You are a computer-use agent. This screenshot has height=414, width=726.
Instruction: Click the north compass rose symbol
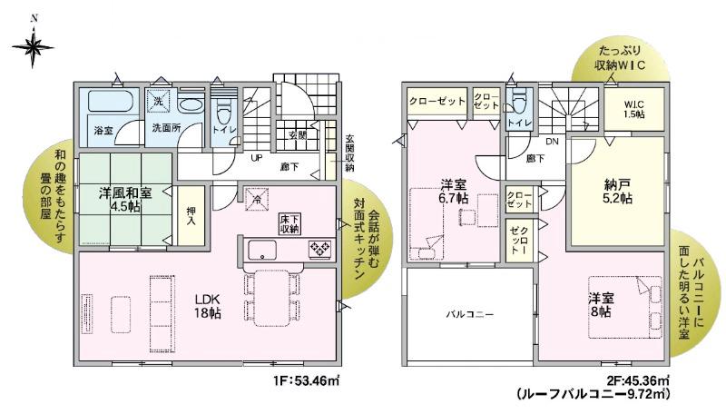pyautogui.click(x=33, y=46)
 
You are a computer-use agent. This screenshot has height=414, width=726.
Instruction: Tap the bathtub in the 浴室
pyautogui.click(x=110, y=101)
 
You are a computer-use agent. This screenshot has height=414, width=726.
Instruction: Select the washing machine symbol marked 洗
pyautogui.click(x=158, y=101)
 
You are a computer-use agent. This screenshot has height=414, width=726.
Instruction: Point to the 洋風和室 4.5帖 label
pyautogui.click(x=125, y=200)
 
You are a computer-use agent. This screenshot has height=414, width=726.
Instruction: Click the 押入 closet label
pyautogui.click(x=191, y=216)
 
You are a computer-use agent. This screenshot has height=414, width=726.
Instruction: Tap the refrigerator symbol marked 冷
pyautogui.click(x=256, y=198)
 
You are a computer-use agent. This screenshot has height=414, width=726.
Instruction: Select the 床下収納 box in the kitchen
pyautogui.click(x=289, y=223)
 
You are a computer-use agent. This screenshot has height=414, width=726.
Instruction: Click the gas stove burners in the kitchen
pyautogui.click(x=320, y=249)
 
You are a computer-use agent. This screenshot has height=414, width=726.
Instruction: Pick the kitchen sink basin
pyautogui.click(x=262, y=250)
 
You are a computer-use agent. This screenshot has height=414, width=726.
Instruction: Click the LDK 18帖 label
pyautogui.click(x=207, y=306)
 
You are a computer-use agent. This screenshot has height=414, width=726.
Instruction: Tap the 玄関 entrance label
pyautogui.click(x=297, y=134)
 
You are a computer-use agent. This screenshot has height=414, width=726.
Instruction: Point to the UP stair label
pyautogui.click(x=256, y=158)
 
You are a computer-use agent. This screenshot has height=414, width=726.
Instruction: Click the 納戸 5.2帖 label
pyautogui.click(x=618, y=192)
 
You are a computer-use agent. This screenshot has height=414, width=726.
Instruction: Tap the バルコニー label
pyautogui.click(x=469, y=314)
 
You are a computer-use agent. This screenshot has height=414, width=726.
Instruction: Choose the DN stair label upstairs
pyautogui.click(x=552, y=142)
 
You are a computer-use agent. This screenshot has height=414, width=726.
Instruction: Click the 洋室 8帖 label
pyautogui.click(x=601, y=305)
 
